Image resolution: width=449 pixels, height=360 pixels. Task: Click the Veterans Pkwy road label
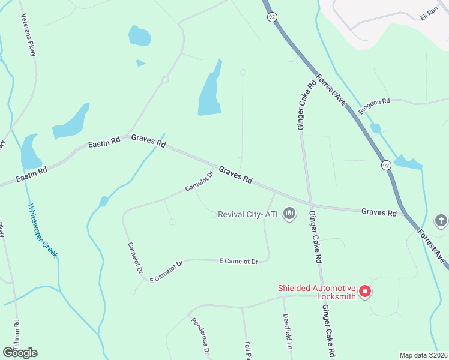(28, 35)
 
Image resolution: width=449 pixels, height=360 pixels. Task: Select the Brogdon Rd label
(374, 106)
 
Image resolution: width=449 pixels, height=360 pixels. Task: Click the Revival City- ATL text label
(249, 214)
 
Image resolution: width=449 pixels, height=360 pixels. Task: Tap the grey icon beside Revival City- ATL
(289, 214)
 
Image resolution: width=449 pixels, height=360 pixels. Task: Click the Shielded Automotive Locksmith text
(316, 292)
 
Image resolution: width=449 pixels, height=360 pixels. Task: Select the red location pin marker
(364, 292)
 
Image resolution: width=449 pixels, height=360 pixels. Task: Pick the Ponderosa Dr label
(199, 337)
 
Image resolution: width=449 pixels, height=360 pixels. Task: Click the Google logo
(20, 353)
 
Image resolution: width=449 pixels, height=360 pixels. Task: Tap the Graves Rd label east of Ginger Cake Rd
(379, 212)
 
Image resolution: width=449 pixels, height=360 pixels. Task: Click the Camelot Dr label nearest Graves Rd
(199, 181)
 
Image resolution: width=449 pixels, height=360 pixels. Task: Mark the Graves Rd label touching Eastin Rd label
(148, 141)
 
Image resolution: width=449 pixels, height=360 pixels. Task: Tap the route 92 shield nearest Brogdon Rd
(385, 164)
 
